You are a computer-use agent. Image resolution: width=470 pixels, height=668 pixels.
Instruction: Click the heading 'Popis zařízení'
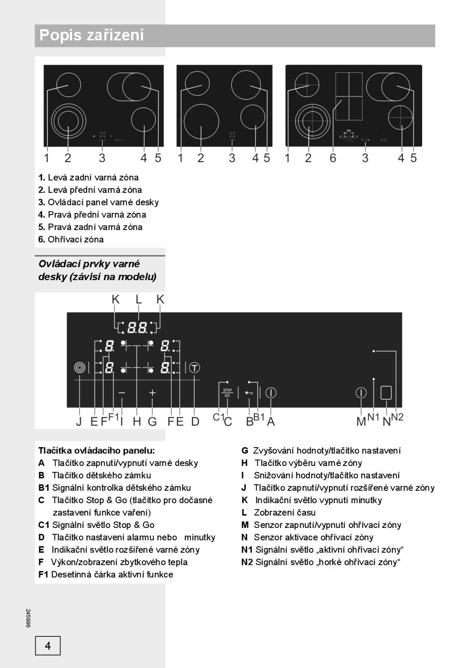[92, 36]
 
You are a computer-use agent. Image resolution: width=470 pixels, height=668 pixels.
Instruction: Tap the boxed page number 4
[48, 645]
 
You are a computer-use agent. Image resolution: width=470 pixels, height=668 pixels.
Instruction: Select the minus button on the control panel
[122, 393]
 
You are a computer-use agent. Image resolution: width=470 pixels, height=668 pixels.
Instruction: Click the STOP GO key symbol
[227, 393]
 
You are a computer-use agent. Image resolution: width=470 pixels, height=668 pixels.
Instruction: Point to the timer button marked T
[195, 367]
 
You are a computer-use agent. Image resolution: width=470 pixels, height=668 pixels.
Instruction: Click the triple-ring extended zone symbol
[80, 368]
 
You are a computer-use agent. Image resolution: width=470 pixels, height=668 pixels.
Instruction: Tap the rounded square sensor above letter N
[386, 393]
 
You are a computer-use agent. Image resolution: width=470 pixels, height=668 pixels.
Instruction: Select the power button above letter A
[270, 393]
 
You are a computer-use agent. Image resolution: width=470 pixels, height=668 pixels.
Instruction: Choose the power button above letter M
[361, 393]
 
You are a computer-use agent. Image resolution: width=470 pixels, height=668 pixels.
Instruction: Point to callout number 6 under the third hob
[333, 158]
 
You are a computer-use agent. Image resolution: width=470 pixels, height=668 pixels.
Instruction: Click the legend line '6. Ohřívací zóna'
[71, 239]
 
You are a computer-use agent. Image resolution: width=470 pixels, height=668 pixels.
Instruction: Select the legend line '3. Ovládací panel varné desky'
[98, 202]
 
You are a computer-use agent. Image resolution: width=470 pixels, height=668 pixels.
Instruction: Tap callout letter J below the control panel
[79, 421]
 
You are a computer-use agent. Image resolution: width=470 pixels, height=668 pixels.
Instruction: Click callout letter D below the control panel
[195, 421]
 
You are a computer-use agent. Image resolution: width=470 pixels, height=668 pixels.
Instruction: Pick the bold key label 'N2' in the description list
[247, 562]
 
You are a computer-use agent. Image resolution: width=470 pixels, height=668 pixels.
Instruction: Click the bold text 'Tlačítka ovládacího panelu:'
[96, 450]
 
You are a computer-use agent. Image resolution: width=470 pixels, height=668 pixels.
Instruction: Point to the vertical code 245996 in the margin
[28, 617]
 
